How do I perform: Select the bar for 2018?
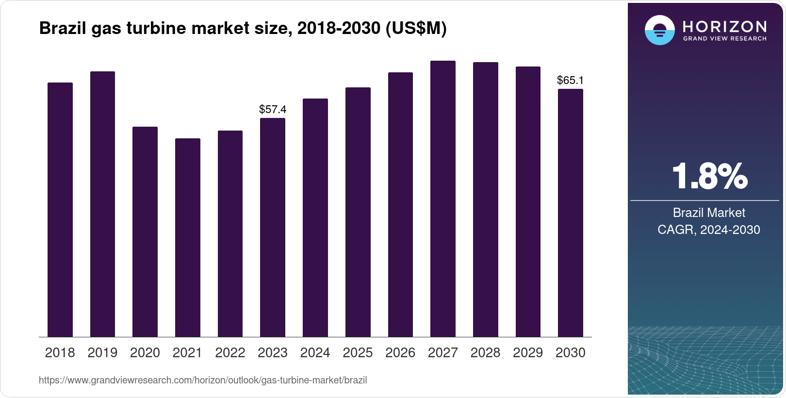(60, 210)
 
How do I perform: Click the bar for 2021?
(188, 238)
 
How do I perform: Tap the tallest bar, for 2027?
(443, 199)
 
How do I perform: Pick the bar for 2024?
(315, 218)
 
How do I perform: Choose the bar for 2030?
(571, 213)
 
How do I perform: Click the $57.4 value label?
(273, 109)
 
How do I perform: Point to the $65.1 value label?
(571, 80)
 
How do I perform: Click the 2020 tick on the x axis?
(145, 353)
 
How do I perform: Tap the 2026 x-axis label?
(400, 353)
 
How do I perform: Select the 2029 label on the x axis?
(528, 353)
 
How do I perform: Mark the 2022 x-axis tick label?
(230, 353)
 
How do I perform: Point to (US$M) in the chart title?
(416, 28)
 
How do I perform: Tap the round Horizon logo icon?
(659, 30)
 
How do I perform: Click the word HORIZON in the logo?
(725, 26)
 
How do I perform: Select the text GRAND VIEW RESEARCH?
(725, 38)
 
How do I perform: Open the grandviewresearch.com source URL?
(203, 380)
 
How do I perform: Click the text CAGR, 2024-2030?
(709, 230)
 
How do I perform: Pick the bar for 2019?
(102, 204)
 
